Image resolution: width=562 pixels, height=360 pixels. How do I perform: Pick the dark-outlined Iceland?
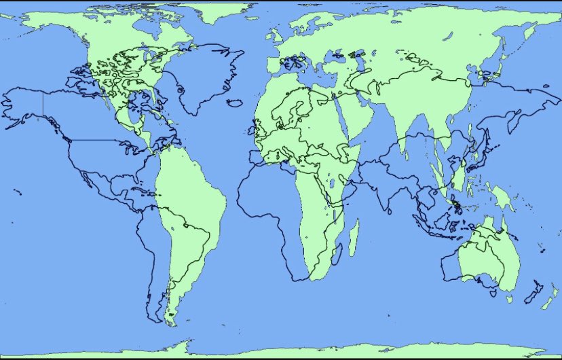click(x=235, y=102)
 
